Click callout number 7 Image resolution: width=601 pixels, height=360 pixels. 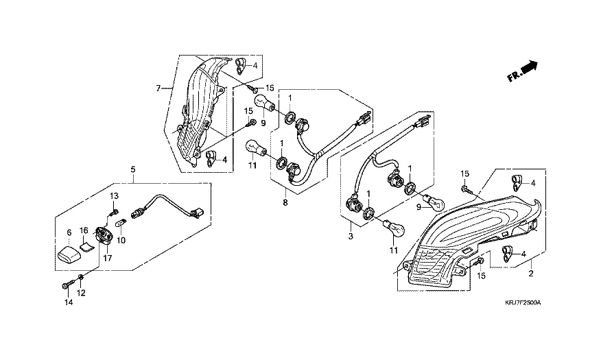(158, 88)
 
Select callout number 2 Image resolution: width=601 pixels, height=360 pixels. (531, 274)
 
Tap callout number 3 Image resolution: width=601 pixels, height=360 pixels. (351, 237)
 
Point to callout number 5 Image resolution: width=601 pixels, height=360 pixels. (133, 169)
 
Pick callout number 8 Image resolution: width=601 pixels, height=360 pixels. (285, 202)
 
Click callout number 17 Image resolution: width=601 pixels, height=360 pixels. (108, 258)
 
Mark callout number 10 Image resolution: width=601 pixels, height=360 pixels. (121, 240)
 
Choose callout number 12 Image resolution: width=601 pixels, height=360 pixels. (81, 293)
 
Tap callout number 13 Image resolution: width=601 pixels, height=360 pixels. (114, 196)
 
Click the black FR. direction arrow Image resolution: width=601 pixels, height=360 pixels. (529, 67)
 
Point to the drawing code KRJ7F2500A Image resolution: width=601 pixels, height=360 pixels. (522, 302)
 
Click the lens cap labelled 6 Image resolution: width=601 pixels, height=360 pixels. (69, 255)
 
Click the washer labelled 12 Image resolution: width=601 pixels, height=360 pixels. (81, 277)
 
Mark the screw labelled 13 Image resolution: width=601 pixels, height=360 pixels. (113, 211)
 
